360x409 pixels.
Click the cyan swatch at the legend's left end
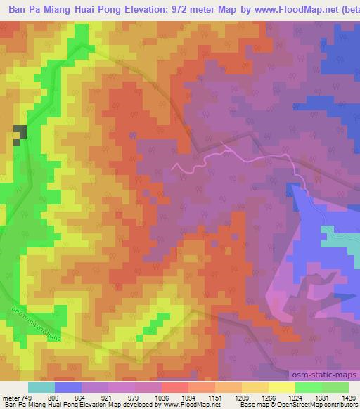pyautogui.click(x=41, y=387)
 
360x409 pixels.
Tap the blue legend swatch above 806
pyautogui.click(x=67, y=387)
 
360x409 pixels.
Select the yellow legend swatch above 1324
pyautogui.click(x=281, y=387)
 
